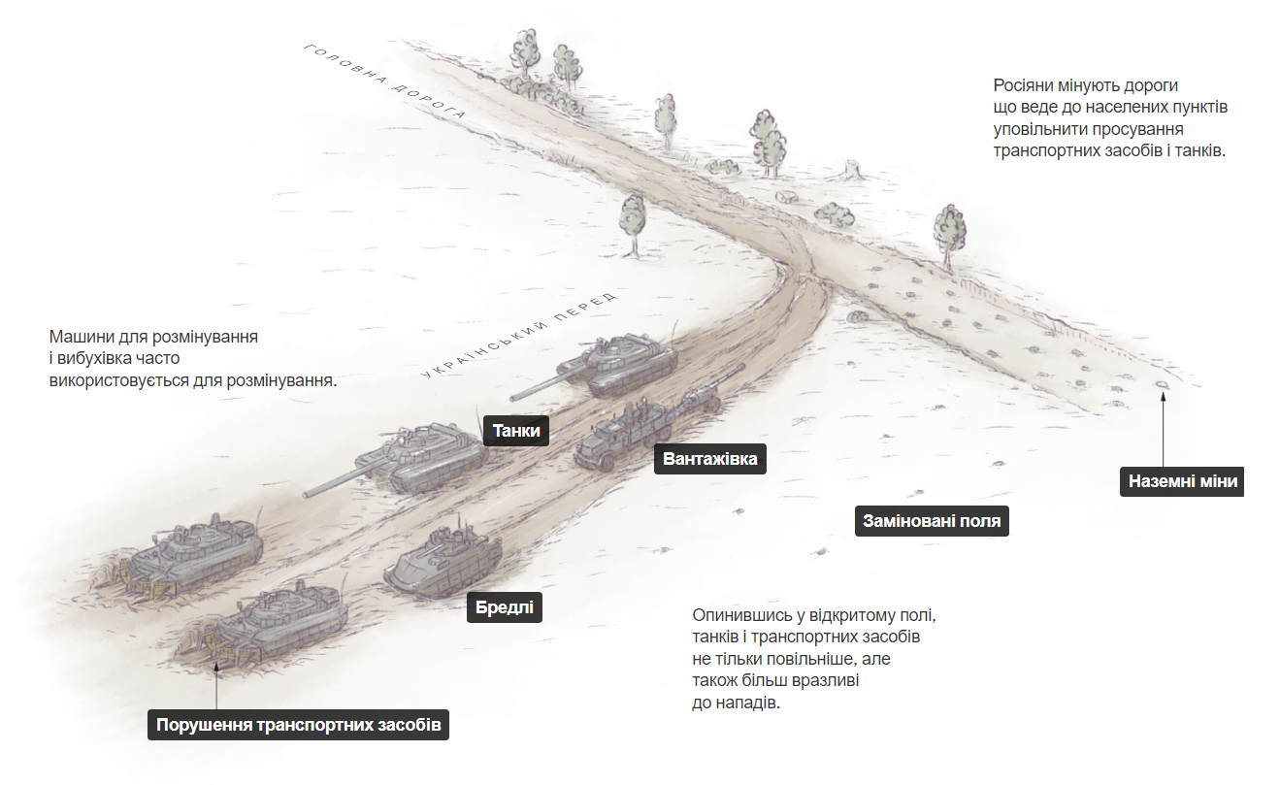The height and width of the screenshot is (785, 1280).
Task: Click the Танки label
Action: (516, 430)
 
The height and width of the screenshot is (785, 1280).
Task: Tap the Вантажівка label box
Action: (709, 459)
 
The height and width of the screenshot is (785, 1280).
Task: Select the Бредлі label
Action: (504, 606)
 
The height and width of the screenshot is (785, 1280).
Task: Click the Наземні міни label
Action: (1182, 481)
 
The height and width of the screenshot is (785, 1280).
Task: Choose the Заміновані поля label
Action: (932, 521)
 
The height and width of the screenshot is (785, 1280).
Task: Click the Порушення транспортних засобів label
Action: (298, 725)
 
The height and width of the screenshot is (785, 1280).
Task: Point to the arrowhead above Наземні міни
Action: (1163, 396)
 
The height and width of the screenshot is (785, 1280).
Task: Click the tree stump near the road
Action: (854, 169)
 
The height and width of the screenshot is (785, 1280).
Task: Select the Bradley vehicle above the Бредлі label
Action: (443, 559)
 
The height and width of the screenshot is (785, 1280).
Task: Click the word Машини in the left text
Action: (82, 337)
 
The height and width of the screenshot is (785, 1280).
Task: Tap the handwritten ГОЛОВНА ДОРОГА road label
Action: (384, 82)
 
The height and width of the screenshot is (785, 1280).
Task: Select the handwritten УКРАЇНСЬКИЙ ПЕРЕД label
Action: (519, 336)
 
